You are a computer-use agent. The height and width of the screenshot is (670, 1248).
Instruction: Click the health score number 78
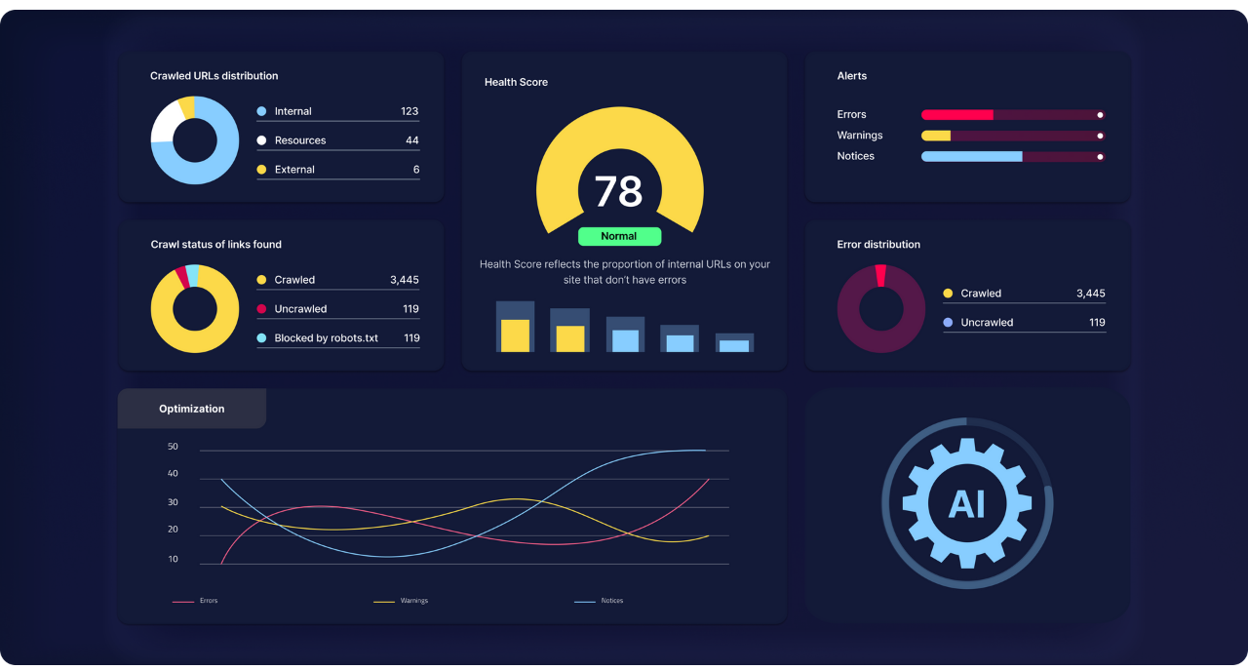coord(618,191)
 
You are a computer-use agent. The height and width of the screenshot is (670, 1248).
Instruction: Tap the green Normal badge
coord(619,236)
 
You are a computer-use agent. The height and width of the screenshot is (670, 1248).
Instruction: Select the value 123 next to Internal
coord(409,111)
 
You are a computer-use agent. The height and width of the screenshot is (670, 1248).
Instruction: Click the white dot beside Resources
coord(261,140)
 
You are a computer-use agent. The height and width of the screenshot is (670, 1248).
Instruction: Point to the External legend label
coord(294,170)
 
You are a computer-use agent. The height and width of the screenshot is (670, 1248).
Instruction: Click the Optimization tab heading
coord(192,409)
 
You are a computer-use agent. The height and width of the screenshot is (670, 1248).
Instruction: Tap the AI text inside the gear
coord(966,503)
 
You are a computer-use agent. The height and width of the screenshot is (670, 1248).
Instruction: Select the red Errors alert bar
coord(957,115)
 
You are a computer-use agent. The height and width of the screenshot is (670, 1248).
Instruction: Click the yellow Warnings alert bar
coord(936,136)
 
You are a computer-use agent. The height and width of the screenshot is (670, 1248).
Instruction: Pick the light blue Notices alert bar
coord(971,156)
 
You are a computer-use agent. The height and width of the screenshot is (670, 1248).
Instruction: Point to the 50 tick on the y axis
coord(173,447)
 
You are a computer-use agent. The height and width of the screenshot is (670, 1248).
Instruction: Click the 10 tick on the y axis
coord(173,560)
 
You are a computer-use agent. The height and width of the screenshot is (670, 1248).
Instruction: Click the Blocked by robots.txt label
coord(326,338)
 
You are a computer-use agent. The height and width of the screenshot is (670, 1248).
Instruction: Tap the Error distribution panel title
coord(878,245)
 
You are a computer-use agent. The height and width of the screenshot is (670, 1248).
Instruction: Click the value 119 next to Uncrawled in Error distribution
coord(1097,323)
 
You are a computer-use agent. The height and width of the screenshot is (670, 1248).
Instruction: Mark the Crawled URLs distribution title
coord(214,76)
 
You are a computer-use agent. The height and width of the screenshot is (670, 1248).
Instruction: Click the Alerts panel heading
coord(851,76)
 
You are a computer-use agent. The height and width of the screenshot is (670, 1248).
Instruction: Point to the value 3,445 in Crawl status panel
coord(404,280)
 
